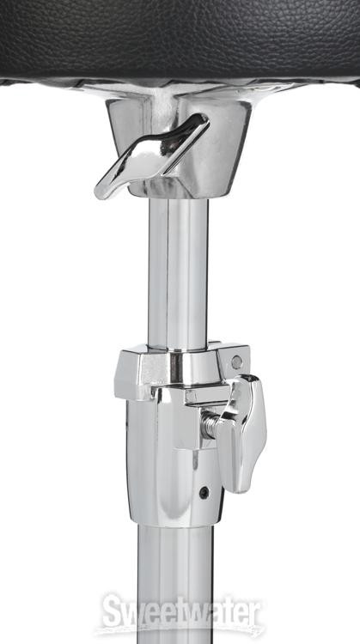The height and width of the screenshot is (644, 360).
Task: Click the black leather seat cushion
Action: [x=180, y=39]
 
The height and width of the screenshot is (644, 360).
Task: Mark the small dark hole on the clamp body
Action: [x=204, y=492]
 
